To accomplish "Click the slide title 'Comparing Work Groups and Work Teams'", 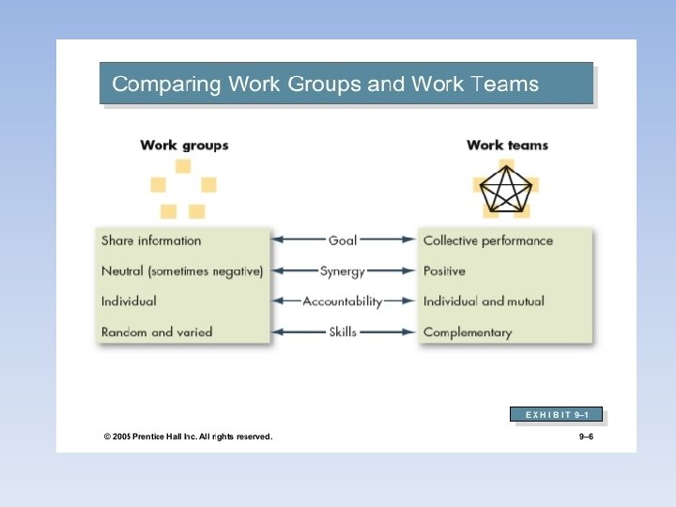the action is coord(325,84).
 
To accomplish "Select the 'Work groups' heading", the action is coord(184,146).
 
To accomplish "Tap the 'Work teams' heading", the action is coord(507,146).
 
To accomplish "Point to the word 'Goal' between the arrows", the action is coord(343,240).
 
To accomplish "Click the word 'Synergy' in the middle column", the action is coord(343,271).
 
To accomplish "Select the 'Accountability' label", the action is coord(343,301).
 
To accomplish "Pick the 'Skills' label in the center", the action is coord(343,331).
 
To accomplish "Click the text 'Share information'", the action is coord(151,240).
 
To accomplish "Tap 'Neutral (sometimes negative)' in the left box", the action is coord(182,271).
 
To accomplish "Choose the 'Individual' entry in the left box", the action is coord(129,301).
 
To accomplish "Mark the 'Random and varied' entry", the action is coord(157,331).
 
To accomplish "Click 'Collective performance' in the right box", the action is coord(488,240).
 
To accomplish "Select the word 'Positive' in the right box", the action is coord(444,271).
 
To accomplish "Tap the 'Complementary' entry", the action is coord(468,332).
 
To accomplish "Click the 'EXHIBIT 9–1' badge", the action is coord(556,414).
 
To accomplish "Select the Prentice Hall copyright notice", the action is coord(188,437).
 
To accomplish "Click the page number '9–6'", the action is coord(587,437).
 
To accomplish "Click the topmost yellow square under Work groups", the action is coord(183,166).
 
